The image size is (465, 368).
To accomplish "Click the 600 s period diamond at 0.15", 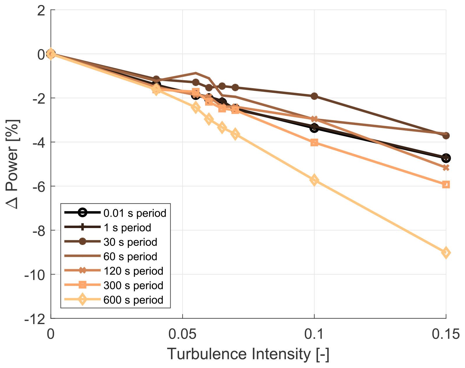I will [445, 253].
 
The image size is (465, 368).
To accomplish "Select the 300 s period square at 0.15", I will [445, 184].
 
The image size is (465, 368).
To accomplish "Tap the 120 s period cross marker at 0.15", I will [445, 168].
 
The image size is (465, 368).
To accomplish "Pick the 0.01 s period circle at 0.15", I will [445, 158].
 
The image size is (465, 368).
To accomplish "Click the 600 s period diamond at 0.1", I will [314, 180].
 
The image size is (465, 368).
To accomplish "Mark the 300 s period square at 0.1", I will [314, 142].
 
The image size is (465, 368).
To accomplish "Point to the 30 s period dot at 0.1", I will [314, 96].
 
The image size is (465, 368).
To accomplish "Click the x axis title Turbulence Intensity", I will [248, 354].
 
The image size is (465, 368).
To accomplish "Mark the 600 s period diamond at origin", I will [51, 54].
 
